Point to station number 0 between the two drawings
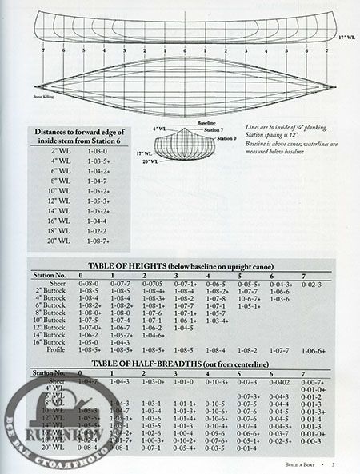(x=184, y=50)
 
